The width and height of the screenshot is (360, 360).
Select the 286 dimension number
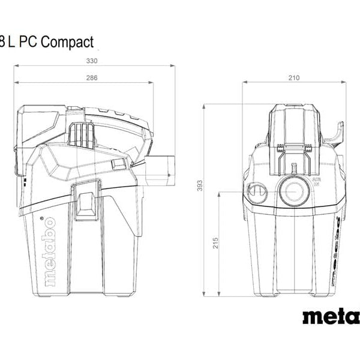tap(92, 78)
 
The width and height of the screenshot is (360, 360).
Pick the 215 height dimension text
tap(215, 242)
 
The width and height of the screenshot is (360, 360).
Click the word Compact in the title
tap(68, 41)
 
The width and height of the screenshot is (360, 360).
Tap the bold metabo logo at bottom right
tap(331, 316)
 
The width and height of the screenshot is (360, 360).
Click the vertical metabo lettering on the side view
tap(50, 250)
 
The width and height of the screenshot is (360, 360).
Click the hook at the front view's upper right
tap(338, 133)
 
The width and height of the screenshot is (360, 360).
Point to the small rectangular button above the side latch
tap(118, 164)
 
